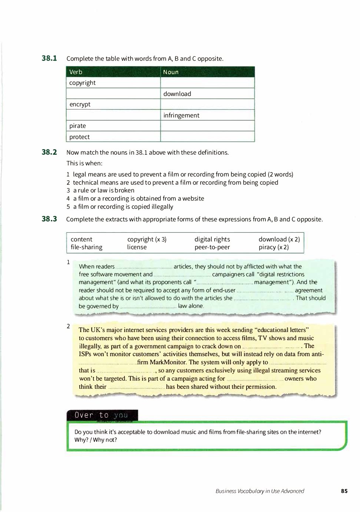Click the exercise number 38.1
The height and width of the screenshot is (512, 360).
click(49, 58)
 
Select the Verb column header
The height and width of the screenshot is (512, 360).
click(76, 72)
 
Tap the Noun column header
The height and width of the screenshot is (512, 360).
click(171, 72)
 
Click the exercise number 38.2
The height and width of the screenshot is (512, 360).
click(49, 152)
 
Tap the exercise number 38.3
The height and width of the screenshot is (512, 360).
click(49, 219)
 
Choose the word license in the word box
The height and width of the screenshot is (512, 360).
click(137, 247)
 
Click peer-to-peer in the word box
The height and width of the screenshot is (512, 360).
click(212, 247)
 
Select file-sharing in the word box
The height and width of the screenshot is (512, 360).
click(86, 247)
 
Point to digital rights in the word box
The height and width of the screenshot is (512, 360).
click(212, 239)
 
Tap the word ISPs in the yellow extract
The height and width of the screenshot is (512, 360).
click(85, 354)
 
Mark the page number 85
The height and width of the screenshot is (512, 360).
click(344, 491)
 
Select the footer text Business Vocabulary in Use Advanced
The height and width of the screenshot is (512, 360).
click(260, 491)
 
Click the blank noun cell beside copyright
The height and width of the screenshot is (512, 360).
click(207, 83)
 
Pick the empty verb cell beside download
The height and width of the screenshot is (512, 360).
click(113, 93)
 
